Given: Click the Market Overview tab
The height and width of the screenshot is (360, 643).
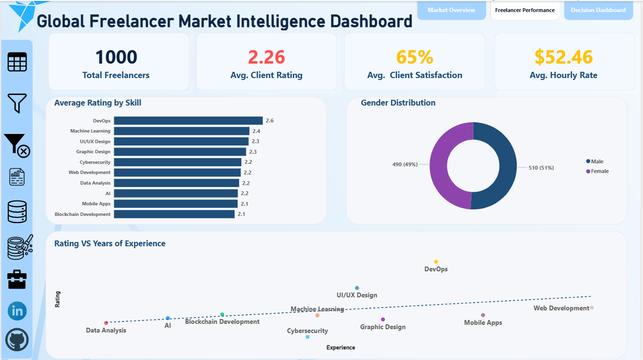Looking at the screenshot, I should [x=451, y=10].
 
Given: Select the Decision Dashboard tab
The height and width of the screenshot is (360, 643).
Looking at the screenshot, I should [x=598, y=10].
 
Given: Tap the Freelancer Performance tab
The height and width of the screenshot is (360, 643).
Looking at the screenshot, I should [x=525, y=10].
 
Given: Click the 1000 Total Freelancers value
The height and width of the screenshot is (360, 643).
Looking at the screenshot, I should [x=116, y=57].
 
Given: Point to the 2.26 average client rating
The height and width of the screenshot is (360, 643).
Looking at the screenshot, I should [x=267, y=57].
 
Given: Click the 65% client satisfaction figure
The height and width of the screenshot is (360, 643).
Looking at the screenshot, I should [x=415, y=57].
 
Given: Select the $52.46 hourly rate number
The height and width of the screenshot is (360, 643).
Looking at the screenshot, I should [x=563, y=57].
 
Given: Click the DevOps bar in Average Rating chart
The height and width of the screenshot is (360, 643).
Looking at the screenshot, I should [x=188, y=120].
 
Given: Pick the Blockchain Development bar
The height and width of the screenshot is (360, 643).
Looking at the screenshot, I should [x=174, y=214].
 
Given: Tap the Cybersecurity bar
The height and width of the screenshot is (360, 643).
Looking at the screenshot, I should [x=177, y=162].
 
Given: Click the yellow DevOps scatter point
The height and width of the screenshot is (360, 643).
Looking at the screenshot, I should [x=436, y=262].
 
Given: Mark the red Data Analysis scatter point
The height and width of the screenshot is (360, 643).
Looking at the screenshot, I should [x=106, y=323].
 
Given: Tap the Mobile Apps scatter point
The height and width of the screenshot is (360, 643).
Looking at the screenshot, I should [x=483, y=315].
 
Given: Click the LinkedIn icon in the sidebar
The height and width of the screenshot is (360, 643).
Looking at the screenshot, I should [x=17, y=311].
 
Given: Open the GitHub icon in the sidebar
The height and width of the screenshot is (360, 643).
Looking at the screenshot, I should [x=17, y=341].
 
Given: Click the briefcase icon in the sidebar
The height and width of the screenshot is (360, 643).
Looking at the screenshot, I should [x=17, y=279].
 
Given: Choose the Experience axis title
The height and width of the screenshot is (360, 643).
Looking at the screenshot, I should [x=340, y=347].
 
